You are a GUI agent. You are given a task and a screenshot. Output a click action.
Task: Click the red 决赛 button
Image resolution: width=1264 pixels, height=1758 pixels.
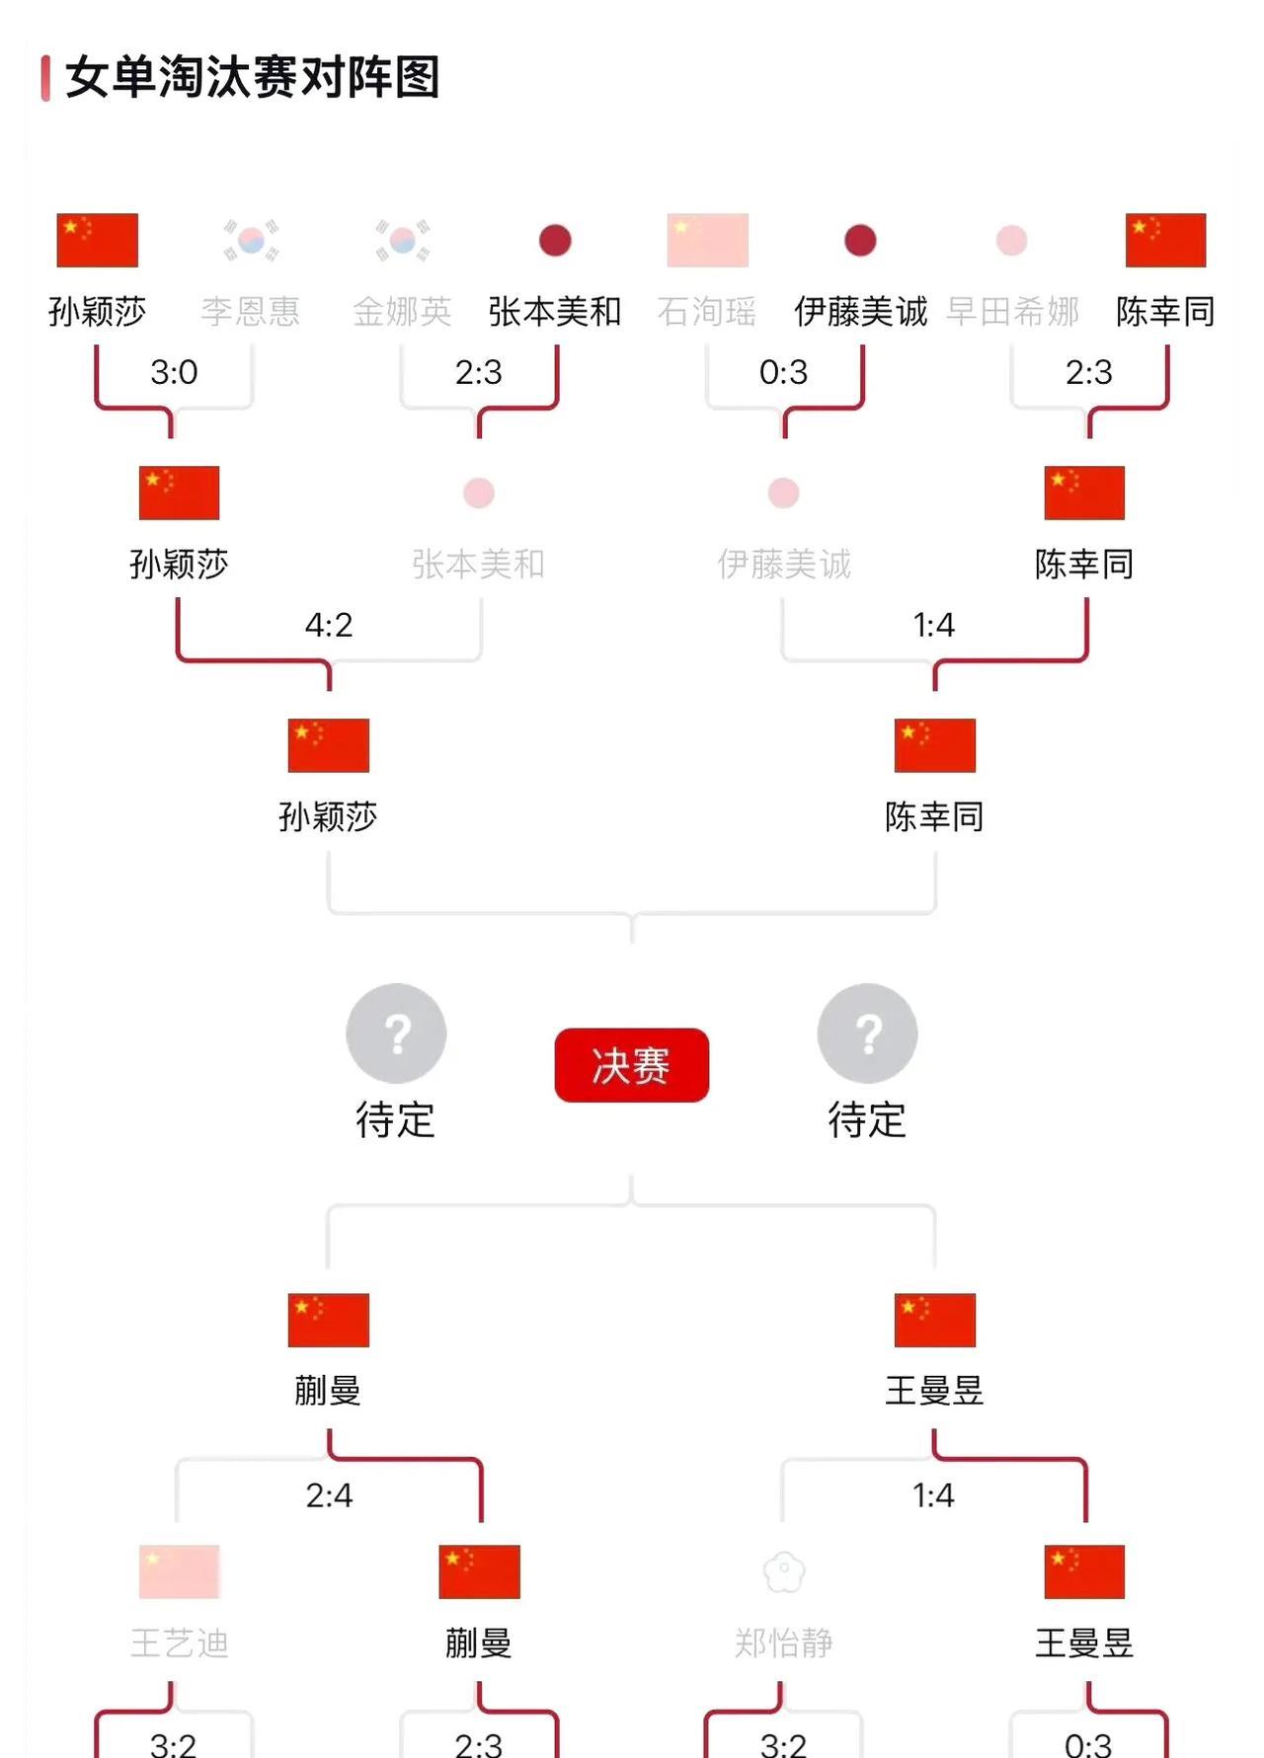631,1065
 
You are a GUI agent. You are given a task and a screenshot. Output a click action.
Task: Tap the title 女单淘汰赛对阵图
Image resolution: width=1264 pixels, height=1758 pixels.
252,77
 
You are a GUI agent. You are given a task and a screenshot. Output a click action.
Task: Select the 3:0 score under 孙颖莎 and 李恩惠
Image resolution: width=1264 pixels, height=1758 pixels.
174,372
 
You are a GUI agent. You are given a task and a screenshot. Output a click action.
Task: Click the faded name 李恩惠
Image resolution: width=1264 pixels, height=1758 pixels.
251,312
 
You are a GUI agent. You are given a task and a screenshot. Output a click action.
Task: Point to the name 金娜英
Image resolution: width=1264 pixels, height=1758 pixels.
402,312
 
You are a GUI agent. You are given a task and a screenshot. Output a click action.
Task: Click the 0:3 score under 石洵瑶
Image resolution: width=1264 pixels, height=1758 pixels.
783,372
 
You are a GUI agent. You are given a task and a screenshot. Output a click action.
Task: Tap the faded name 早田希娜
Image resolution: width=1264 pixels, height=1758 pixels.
1012,312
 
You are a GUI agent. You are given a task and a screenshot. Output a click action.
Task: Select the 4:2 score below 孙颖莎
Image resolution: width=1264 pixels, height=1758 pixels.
328,625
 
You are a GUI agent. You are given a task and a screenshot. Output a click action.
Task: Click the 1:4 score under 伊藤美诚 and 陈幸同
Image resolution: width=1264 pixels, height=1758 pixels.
933,625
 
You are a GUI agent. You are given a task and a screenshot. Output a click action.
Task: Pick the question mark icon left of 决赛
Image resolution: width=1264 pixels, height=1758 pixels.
396,1032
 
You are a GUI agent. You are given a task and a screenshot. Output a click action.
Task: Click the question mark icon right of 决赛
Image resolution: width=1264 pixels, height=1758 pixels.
867,1032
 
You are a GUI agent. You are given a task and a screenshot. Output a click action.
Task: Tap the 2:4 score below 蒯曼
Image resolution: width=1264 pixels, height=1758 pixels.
328,1495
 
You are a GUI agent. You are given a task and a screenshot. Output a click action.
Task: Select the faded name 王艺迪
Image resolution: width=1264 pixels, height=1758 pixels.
179,1643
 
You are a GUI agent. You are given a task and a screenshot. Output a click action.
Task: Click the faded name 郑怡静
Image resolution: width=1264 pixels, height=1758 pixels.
783,1643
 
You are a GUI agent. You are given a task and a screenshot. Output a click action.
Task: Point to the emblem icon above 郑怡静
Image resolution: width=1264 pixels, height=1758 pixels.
784,1571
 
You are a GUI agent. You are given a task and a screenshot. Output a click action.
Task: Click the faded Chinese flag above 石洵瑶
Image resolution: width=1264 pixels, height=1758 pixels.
707,240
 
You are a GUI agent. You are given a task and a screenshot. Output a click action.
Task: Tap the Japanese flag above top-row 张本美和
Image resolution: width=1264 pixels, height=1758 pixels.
555,240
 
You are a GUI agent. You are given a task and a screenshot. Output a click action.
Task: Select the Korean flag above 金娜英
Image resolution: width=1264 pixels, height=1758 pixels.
402,240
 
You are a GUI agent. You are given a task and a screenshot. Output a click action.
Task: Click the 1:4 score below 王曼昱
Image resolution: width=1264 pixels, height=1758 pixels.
933,1495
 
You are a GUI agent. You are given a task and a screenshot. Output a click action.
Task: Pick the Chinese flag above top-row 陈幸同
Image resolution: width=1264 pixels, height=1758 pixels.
1165,240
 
